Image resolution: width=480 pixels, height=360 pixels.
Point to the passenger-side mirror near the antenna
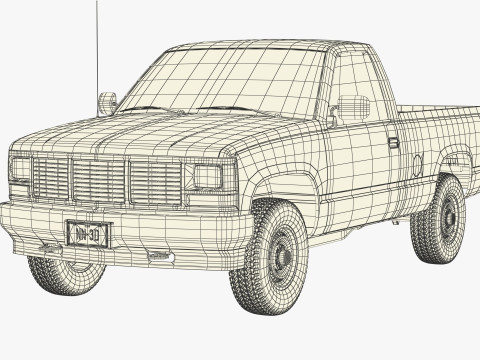[107, 102]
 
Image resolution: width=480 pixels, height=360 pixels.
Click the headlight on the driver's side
[208, 177]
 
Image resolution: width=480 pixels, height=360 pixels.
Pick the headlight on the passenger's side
[20, 168]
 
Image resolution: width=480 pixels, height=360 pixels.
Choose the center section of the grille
[98, 180]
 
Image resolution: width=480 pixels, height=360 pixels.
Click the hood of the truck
[140, 130]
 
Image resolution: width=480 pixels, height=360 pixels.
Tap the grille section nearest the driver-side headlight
[156, 183]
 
